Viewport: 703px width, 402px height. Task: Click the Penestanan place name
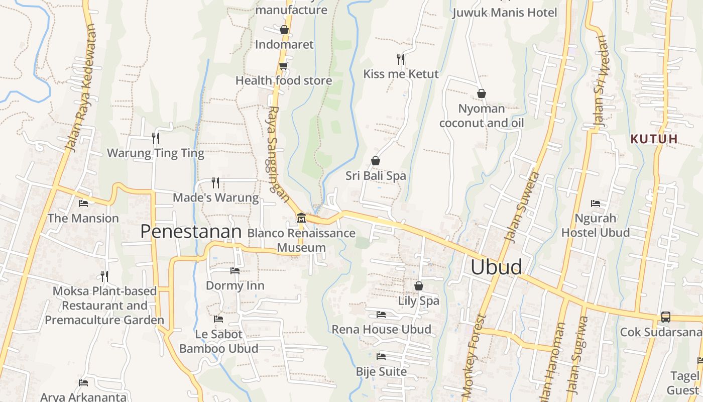tap(191, 232)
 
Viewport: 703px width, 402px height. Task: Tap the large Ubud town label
tap(496, 267)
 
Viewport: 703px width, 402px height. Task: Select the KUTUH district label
tap(654, 139)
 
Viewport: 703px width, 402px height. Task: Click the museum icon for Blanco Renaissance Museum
tap(301, 218)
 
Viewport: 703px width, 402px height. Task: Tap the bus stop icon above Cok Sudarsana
tap(665, 317)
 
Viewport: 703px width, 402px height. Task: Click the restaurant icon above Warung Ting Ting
tap(156, 138)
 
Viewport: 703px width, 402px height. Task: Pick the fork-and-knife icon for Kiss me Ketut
tap(401, 59)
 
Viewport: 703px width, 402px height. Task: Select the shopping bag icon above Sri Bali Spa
tap(375, 161)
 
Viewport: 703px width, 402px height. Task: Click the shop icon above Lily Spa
tap(418, 286)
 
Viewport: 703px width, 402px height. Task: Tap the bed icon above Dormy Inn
tap(235, 271)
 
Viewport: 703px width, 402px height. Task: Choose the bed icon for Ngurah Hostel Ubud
tap(595, 204)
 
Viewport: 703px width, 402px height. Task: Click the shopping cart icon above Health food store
tap(283, 66)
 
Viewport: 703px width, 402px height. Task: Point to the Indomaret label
tap(284, 45)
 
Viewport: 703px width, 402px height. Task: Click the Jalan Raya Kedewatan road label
tap(81, 88)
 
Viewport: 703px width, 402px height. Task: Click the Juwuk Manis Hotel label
tap(505, 13)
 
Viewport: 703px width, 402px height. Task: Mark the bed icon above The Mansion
tap(83, 204)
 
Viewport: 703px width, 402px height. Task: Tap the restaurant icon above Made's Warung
tap(215, 182)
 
